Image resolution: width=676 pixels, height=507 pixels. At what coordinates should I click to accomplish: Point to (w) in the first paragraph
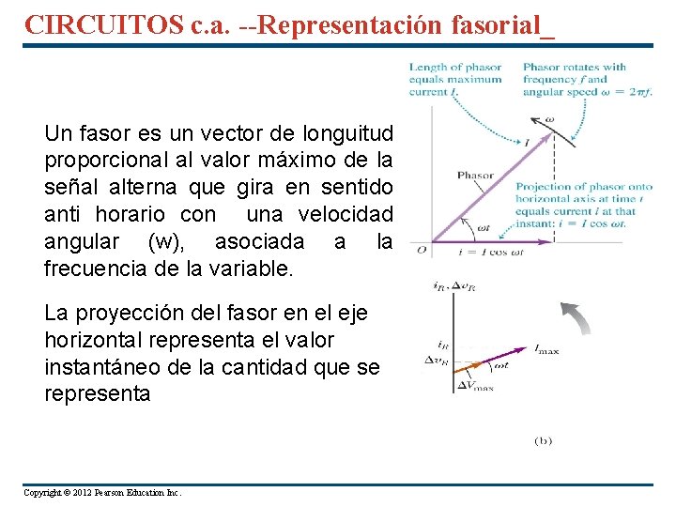click(168, 242)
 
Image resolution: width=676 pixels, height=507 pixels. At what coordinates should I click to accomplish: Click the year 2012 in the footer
click(93, 493)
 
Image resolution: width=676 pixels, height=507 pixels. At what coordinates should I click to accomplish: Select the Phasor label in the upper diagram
click(475, 176)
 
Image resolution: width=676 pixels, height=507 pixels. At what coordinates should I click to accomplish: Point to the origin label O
click(422, 249)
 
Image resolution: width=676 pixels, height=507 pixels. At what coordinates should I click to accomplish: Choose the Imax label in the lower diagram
click(545, 349)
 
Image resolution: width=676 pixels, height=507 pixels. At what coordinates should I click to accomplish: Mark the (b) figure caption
click(544, 439)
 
